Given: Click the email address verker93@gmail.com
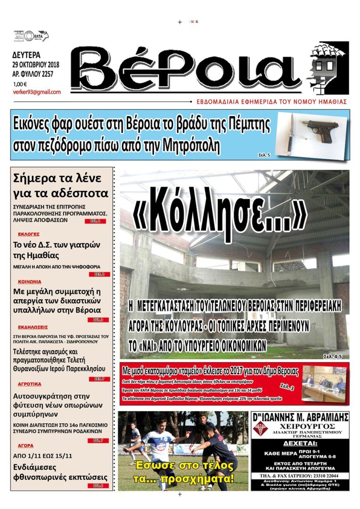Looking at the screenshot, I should pyautogui.click(x=37, y=92).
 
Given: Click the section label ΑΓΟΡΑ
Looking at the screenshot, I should pyautogui.click(x=25, y=445).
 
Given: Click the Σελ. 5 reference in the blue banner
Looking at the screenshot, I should pyautogui.click(x=265, y=154).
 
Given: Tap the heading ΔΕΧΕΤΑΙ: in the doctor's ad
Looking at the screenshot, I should pyautogui.click(x=300, y=443).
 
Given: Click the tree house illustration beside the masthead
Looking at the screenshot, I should pyautogui.click(x=327, y=67).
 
